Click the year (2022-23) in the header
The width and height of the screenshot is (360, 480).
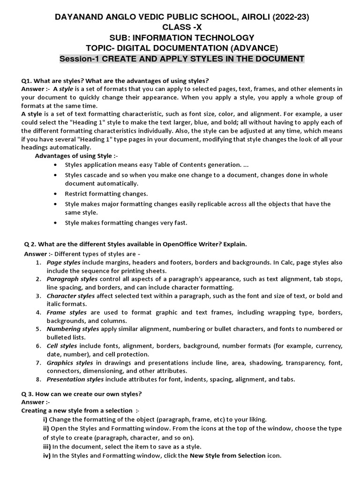point(291,17)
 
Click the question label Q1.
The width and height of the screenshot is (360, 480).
point(28,81)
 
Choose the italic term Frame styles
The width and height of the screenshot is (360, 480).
point(67,312)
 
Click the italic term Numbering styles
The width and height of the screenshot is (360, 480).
point(73,329)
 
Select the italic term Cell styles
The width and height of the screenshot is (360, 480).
point(62,346)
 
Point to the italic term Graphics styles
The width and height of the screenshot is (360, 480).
point(70,363)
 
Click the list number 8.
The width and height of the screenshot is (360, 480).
point(38,380)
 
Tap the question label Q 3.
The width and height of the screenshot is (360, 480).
point(29,393)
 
